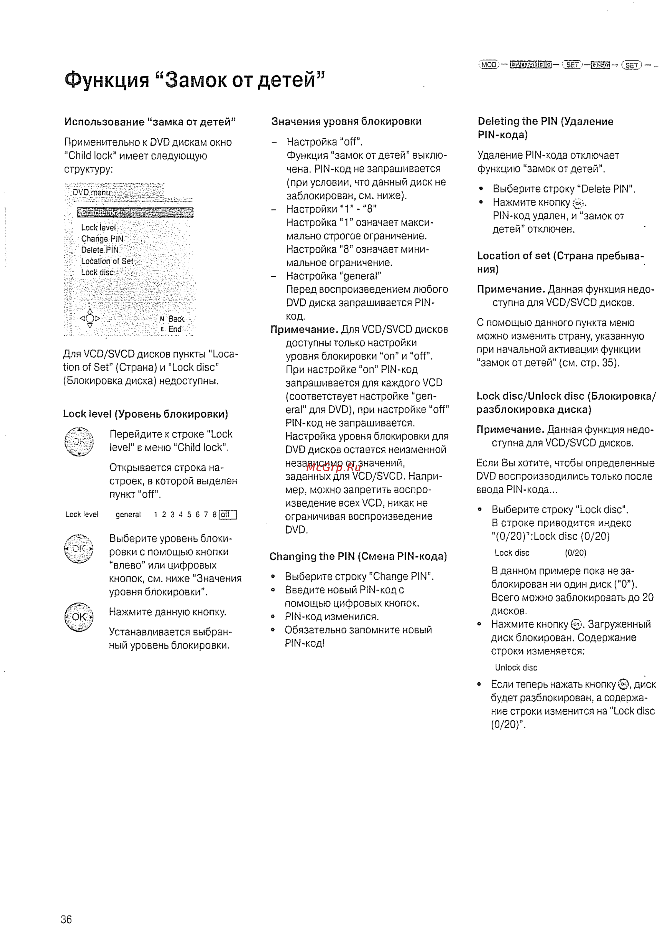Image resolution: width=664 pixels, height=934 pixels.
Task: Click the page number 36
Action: pyautogui.click(x=66, y=919)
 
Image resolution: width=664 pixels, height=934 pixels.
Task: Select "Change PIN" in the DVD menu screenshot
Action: pyautogui.click(x=102, y=238)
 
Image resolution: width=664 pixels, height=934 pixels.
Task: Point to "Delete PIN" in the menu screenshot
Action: pyautogui.click(x=100, y=250)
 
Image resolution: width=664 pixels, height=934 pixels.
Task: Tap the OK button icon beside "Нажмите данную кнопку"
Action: pyautogui.click(x=79, y=616)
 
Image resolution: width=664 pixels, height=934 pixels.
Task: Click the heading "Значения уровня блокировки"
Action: pyautogui.click(x=346, y=121)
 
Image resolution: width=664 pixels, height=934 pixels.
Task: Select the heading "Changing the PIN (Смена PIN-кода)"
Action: pyautogui.click(x=358, y=556)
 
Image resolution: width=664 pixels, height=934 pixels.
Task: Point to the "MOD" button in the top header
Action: pyautogui.click(x=489, y=65)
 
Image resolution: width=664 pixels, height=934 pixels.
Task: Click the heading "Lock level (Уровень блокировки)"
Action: pyautogui.click(x=145, y=414)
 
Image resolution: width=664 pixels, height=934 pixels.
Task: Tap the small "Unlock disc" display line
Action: pyautogui.click(x=515, y=667)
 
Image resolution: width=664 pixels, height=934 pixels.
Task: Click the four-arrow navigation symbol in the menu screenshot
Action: pyautogui.click(x=90, y=318)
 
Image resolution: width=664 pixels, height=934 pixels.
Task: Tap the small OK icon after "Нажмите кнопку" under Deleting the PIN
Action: pyautogui.click(x=578, y=203)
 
